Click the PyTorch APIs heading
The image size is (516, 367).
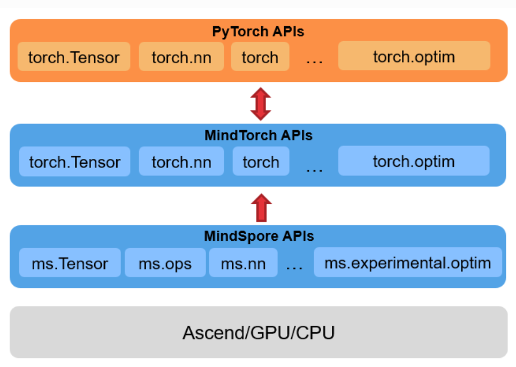[258, 32]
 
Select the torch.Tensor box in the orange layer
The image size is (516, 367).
[74, 57]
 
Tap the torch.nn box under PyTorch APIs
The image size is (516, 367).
[181, 57]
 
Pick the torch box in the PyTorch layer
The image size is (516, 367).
[260, 57]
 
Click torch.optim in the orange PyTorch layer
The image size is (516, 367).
[414, 56]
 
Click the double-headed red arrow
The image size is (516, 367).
[261, 104]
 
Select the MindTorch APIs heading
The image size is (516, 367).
[258, 135]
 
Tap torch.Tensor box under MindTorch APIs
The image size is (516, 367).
[75, 162]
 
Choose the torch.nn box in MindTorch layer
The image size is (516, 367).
[181, 162]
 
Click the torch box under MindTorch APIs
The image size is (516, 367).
[261, 162]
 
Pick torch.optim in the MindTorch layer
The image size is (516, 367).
[414, 161]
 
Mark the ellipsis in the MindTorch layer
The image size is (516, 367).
[314, 169]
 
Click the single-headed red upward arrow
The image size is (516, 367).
[261, 208]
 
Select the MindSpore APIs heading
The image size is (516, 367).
[259, 236]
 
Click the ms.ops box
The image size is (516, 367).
[165, 263]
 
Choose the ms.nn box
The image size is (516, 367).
[243, 263]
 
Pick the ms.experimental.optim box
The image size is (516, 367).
[408, 262]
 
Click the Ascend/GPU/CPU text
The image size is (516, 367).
[259, 333]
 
